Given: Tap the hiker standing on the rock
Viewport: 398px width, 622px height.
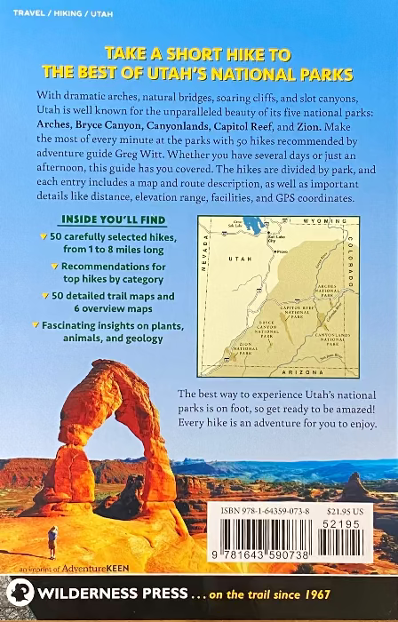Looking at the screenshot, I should (x=52, y=539).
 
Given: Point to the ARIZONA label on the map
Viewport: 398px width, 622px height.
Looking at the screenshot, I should (x=293, y=372).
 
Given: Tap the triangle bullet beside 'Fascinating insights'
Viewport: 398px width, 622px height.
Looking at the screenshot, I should (x=34, y=326).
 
